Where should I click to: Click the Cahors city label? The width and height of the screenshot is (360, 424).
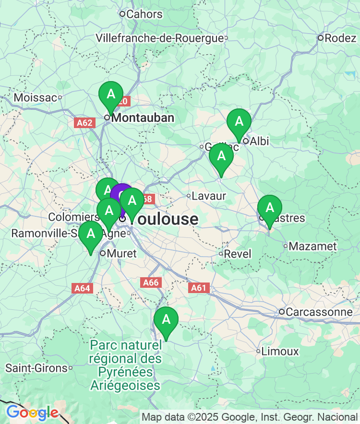[144, 14]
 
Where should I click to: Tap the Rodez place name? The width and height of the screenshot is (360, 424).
[340, 38]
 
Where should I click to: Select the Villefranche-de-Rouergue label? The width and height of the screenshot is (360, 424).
[160, 38]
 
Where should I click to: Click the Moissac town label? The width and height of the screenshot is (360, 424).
[36, 98]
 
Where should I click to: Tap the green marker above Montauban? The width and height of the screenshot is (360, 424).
[111, 94]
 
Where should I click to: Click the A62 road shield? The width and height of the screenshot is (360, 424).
[84, 123]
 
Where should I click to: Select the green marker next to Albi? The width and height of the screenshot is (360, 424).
[239, 122]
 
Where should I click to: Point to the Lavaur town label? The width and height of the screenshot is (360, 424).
[208, 196]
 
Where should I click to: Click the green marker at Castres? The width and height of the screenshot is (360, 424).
[270, 208]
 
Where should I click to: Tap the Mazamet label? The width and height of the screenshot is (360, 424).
[313, 247]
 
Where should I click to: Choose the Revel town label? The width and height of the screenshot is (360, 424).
[238, 254]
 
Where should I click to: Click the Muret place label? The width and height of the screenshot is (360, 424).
[122, 253]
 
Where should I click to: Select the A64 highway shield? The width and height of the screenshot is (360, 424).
[82, 288]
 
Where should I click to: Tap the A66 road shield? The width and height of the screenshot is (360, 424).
[151, 283]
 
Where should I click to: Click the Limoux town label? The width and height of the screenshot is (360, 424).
[280, 352]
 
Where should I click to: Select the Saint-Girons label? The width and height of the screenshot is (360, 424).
[36, 368]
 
